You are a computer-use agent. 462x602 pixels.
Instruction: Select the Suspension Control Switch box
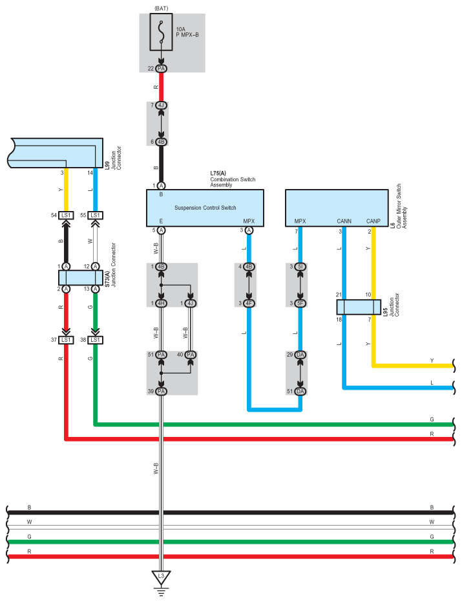pyautogui.click(x=205, y=207)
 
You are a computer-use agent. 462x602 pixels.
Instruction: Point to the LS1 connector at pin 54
pyautogui.click(x=65, y=215)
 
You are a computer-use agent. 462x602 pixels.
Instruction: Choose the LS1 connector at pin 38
pyautogui.click(x=95, y=340)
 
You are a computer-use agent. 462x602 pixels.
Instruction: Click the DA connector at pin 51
pyautogui.click(x=300, y=391)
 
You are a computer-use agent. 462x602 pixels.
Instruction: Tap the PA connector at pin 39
pyautogui.click(x=162, y=391)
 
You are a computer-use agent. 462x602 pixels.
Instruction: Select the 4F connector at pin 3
pyautogui.click(x=249, y=303)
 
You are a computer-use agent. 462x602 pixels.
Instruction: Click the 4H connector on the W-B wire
pyautogui.click(x=162, y=303)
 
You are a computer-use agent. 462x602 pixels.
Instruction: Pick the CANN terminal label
pyautogui.click(x=344, y=221)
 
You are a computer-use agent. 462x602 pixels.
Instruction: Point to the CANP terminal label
pyautogui.click(x=373, y=221)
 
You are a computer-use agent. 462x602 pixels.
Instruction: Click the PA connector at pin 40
pyautogui.click(x=191, y=355)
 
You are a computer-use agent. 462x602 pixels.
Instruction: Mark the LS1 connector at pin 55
pyautogui.click(x=95, y=215)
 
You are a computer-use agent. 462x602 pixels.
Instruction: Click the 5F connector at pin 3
pyautogui.click(x=300, y=303)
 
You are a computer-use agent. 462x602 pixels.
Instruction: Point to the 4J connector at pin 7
pyautogui.click(x=162, y=106)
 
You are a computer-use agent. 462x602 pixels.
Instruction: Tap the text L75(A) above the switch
pyautogui.click(x=219, y=173)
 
